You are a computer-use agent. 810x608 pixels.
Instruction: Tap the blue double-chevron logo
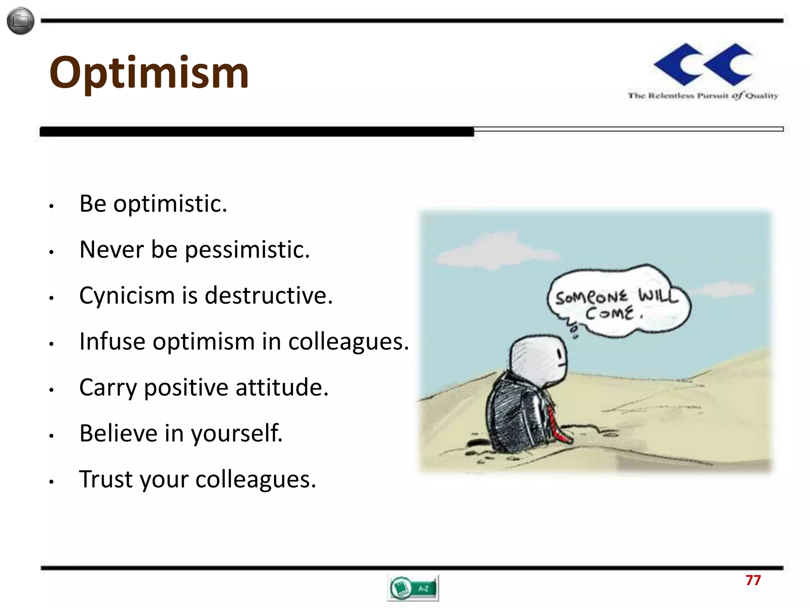[703, 65]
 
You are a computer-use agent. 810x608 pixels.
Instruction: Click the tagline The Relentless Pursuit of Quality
[703, 95]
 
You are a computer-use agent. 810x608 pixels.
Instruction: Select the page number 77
[753, 580]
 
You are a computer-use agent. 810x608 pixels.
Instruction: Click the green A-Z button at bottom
[413, 588]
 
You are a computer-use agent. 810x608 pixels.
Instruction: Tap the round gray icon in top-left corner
[21, 21]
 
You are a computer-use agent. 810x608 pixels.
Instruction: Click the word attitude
[282, 387]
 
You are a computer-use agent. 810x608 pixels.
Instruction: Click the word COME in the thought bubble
[610, 314]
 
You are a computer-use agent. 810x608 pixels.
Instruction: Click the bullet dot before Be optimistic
[51, 206]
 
